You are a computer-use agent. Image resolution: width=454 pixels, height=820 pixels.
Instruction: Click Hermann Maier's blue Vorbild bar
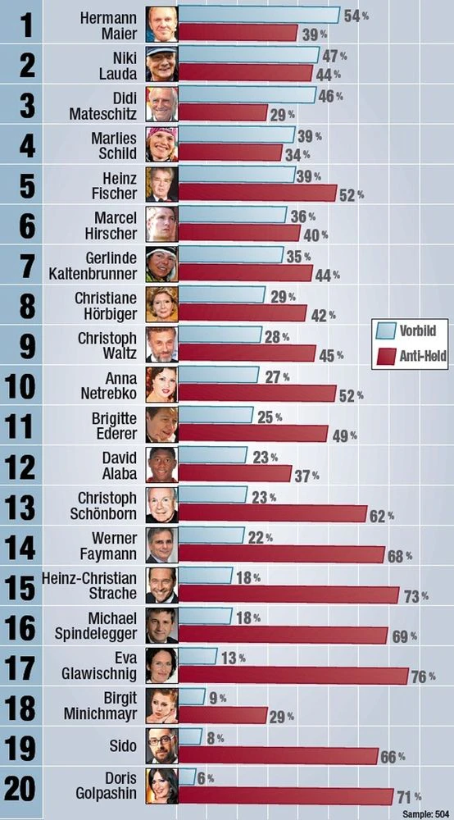tap(259, 15)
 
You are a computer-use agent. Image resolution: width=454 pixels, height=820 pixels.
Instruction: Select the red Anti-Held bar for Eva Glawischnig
tap(293, 675)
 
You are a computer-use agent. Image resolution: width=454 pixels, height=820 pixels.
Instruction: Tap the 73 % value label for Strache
tap(415, 596)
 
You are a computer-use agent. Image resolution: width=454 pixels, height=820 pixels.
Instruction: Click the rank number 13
tap(21, 507)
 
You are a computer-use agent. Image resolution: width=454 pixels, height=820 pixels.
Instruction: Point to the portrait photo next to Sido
tap(162, 745)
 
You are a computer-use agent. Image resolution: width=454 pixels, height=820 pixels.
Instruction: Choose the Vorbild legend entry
tap(409, 330)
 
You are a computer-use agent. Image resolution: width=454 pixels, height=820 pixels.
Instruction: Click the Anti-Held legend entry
tap(411, 357)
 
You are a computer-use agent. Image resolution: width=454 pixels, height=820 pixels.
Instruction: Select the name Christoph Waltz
tap(107, 346)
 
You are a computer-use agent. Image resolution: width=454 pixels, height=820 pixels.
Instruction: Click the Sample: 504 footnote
tap(426, 813)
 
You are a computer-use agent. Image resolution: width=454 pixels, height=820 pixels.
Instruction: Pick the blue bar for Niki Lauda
tap(248, 55)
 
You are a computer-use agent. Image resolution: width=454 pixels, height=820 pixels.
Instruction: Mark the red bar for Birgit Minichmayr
tap(223, 715)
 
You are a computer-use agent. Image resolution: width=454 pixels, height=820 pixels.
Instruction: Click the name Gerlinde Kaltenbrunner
tap(105, 266)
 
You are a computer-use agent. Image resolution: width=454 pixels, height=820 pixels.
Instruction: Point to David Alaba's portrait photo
tap(162, 465)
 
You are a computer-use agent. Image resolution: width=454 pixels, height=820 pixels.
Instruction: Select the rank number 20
tap(21, 787)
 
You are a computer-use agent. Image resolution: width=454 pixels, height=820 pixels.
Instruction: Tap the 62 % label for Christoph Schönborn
tap(382, 517)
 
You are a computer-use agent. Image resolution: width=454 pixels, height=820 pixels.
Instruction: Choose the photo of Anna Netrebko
tap(162, 385)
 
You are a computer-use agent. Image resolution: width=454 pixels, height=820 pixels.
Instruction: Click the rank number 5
tap(27, 187)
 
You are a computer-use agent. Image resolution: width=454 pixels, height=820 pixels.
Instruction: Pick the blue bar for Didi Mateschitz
tap(247, 95)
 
